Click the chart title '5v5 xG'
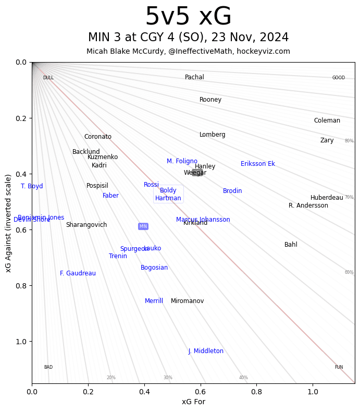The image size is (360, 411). click(x=188, y=17)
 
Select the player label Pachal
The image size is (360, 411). click(x=194, y=77)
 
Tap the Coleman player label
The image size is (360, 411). click(x=327, y=120)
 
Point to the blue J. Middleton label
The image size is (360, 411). click(x=206, y=351)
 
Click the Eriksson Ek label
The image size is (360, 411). click(x=257, y=164)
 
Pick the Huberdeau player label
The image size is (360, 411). click(x=327, y=198)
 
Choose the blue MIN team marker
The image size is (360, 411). click(x=143, y=226)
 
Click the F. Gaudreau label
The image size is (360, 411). click(x=78, y=273)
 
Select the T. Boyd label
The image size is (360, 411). click(x=32, y=186)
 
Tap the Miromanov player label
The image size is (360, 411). click(x=187, y=301)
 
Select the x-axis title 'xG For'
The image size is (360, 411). click(x=193, y=402)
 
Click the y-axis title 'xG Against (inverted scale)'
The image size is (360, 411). click(x=8, y=223)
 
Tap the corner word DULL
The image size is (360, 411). click(x=48, y=78)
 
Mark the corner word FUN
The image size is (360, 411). click(x=339, y=367)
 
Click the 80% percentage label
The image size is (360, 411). click(x=349, y=141)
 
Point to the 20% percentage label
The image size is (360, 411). click(x=111, y=378)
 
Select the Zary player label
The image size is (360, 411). click(x=327, y=140)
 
